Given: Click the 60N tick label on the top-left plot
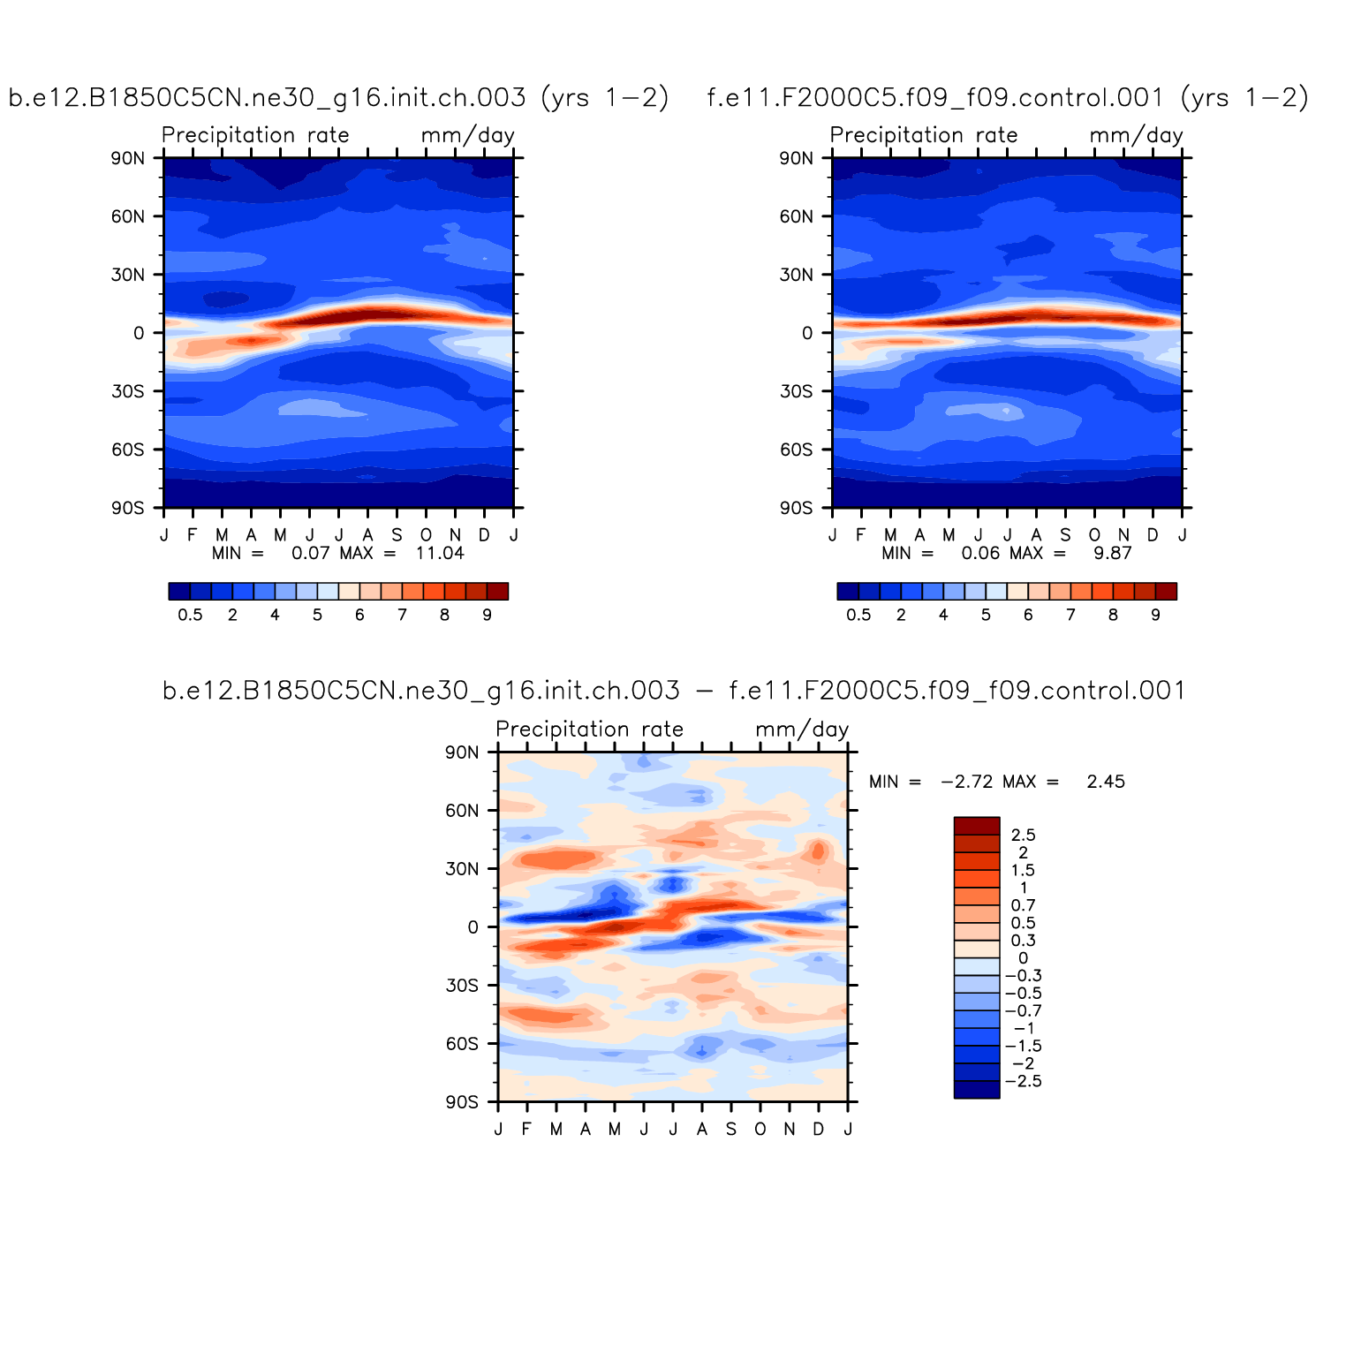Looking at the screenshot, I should tap(127, 216).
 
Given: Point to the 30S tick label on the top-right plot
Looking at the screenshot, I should tap(796, 391).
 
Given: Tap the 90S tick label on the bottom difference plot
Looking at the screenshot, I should tap(461, 1102).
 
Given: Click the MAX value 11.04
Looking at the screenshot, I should tap(440, 554).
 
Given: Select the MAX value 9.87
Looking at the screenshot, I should tap(1113, 554).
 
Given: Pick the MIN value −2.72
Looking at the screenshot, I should tap(966, 782).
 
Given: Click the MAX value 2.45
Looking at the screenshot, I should tap(1106, 782).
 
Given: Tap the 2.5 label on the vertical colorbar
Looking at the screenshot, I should tap(1023, 836).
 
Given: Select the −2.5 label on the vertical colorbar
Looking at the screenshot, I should tap(1024, 1082).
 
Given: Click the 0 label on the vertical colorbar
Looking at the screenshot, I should tap(1023, 958).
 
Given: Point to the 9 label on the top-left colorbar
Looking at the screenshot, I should tap(487, 616).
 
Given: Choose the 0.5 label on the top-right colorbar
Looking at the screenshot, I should tap(858, 616).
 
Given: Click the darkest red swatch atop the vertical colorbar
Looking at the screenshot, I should tap(976, 826).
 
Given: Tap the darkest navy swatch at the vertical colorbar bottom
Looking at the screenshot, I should tap(976, 1090).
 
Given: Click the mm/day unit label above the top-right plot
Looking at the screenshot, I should tap(1136, 135).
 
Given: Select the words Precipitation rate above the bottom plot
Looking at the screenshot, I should tap(589, 730).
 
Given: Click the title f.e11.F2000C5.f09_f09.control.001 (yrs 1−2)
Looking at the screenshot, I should tap(1008, 97).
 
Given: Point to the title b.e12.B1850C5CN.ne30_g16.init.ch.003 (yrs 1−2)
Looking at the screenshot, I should tap(338, 97).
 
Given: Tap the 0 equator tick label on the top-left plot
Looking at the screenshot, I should tap(139, 333).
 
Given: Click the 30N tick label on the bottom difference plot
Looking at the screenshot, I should tap(461, 869).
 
